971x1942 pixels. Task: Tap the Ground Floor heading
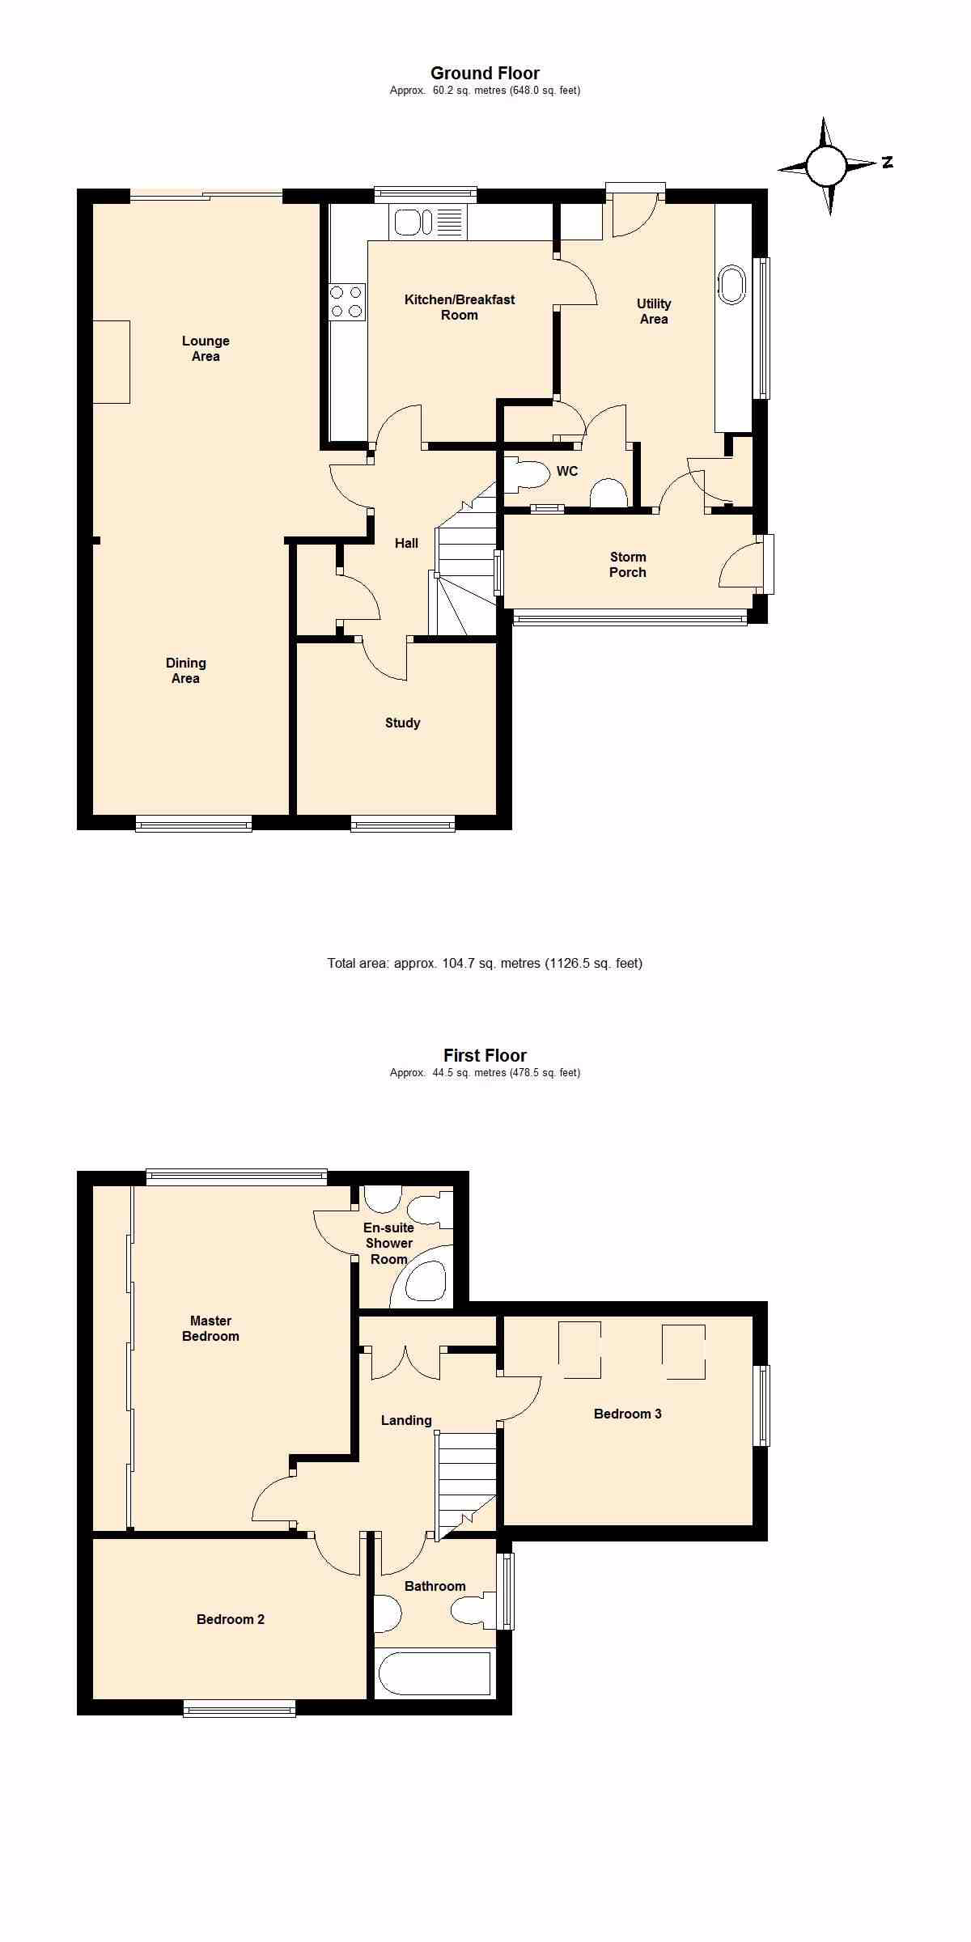[x=485, y=73]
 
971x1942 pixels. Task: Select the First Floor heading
[x=485, y=1055]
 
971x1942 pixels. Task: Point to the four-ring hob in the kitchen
[x=346, y=302]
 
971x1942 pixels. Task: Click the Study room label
[x=402, y=723]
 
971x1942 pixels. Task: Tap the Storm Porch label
[x=628, y=565]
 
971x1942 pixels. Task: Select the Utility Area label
[x=654, y=311]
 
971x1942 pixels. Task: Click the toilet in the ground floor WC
[x=527, y=475]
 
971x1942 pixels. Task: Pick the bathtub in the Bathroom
[x=435, y=1673]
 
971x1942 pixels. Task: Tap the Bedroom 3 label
[x=628, y=1414]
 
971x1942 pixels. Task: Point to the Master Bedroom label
[x=210, y=1329]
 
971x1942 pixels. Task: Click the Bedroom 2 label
[x=231, y=1619]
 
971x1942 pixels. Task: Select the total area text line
[x=485, y=963]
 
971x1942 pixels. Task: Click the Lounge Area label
[x=206, y=349]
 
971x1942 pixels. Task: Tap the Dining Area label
[x=185, y=671]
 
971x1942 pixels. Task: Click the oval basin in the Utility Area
[x=731, y=285]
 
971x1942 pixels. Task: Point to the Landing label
[x=406, y=1420]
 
